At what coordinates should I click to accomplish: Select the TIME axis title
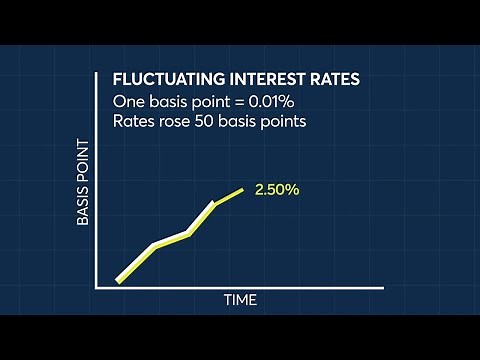[240, 300]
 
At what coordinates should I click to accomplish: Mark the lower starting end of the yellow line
[118, 281]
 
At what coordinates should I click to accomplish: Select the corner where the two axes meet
[97, 288]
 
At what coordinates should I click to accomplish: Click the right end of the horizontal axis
[383, 288]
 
